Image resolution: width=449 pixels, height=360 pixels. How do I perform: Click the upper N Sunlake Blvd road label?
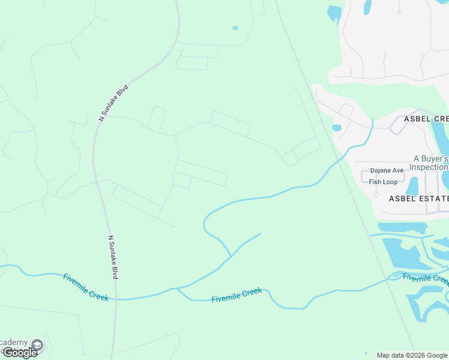113,103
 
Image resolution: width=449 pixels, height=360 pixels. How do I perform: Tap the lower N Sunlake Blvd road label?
112,257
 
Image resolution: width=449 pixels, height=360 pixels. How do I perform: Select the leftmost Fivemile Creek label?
86,287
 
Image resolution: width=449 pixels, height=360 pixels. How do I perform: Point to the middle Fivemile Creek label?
237,295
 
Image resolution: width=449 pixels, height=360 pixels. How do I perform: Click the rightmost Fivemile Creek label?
425,278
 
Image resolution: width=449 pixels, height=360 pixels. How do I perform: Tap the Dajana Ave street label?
387,170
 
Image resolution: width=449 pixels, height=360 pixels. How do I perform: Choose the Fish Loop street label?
383,182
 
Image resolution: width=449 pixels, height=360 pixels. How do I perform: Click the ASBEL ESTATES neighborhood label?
418,198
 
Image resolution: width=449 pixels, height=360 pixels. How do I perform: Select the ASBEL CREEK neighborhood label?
426,119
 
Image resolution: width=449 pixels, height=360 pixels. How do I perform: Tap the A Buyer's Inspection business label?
430,163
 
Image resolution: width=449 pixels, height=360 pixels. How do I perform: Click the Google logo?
20,353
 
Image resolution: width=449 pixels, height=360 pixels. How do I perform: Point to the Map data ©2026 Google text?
412,355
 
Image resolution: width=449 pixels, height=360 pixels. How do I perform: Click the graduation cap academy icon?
38,345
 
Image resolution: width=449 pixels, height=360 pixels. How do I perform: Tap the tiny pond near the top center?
235,28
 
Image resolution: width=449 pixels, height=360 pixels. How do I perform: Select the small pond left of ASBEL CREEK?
336,128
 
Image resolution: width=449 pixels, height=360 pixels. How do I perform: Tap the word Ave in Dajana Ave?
398,170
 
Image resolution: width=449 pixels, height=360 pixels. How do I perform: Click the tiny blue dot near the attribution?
366,353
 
